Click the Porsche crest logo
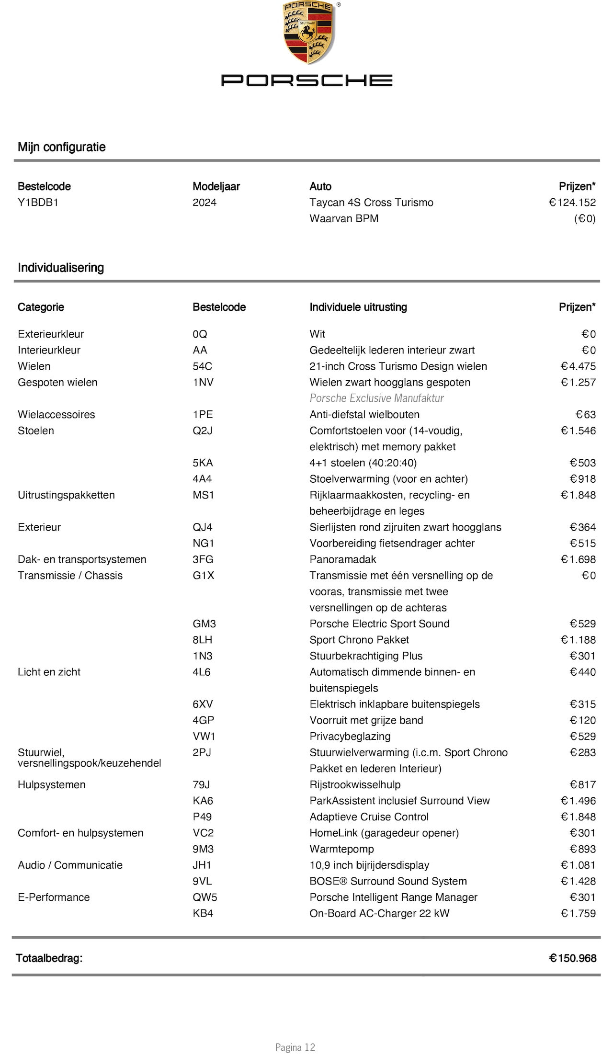(x=308, y=33)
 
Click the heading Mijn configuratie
(x=61, y=147)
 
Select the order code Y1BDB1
(x=38, y=203)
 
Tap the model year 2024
(x=204, y=203)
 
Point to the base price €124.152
(x=572, y=203)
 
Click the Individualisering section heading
(x=61, y=268)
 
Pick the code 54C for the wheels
(x=202, y=366)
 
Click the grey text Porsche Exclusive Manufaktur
(x=376, y=398)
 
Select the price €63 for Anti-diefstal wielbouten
(x=585, y=415)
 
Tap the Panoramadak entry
(x=342, y=559)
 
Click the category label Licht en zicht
(x=49, y=672)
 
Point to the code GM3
(x=204, y=624)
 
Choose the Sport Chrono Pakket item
(x=359, y=640)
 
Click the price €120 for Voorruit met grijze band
(x=582, y=720)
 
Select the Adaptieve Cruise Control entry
(x=369, y=817)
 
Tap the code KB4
(x=203, y=913)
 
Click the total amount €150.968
(x=572, y=958)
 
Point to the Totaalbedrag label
(x=49, y=958)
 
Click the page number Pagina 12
(x=295, y=1047)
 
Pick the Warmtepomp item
(x=341, y=849)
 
